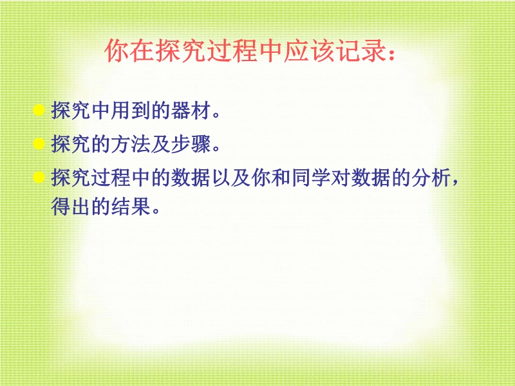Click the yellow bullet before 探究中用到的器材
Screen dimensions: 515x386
[x=39, y=110]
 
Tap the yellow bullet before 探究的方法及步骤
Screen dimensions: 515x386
[x=39, y=143]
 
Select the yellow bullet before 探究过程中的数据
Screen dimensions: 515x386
[x=39, y=178]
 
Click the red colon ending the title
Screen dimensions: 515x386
[x=391, y=53]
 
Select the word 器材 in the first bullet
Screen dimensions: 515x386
[x=191, y=110]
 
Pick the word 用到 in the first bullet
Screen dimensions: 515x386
[x=131, y=110]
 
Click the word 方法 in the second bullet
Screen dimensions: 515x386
[x=131, y=143]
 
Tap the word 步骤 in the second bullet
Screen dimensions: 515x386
[x=191, y=143]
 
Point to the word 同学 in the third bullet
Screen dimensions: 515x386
[x=311, y=178]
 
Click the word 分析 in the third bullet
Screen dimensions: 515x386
[x=431, y=178]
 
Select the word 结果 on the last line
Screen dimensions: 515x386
[x=131, y=206]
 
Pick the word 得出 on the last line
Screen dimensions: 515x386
[x=71, y=206]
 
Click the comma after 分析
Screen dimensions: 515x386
[x=455, y=183]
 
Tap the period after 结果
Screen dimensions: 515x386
[x=156, y=210]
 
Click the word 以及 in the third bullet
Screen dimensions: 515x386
[x=231, y=178]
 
